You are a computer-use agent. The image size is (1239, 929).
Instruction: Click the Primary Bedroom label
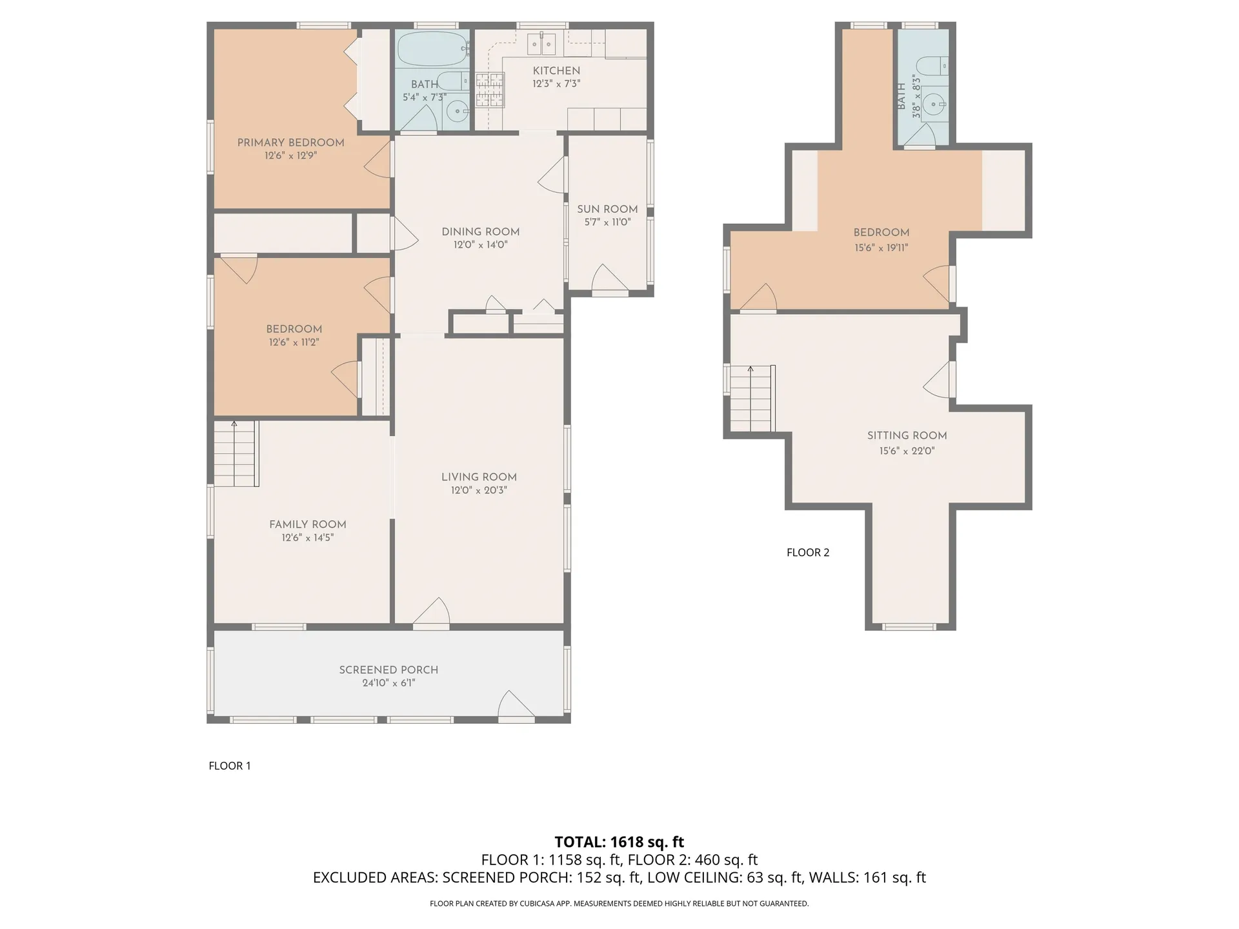tap(290, 143)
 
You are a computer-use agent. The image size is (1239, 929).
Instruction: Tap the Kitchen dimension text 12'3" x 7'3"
tap(556, 84)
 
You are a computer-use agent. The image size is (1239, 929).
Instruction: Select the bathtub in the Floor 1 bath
tap(432, 49)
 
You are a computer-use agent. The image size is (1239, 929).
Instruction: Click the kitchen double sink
tap(541, 44)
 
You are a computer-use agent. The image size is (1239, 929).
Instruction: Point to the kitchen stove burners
tap(490, 90)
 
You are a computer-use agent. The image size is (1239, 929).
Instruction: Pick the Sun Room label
tap(607, 209)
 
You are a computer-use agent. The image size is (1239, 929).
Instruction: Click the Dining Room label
tap(481, 232)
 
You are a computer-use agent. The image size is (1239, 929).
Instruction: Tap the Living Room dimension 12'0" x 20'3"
tap(479, 490)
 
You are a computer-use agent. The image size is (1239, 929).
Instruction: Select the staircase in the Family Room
tap(236, 454)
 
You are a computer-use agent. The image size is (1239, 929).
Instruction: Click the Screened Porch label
tap(388, 670)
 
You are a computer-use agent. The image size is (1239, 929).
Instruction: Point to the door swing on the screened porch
tap(517, 704)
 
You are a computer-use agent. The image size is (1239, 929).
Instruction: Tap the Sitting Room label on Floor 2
tap(907, 435)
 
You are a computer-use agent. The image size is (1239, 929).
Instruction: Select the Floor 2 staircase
tap(752, 398)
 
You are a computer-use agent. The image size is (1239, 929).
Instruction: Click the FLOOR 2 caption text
tap(808, 552)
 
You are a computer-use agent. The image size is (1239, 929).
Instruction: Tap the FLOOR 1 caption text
tap(230, 766)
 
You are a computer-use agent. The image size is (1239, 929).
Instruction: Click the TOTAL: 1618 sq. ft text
tap(619, 842)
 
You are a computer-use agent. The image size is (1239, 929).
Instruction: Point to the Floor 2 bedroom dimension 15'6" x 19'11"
tap(881, 248)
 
